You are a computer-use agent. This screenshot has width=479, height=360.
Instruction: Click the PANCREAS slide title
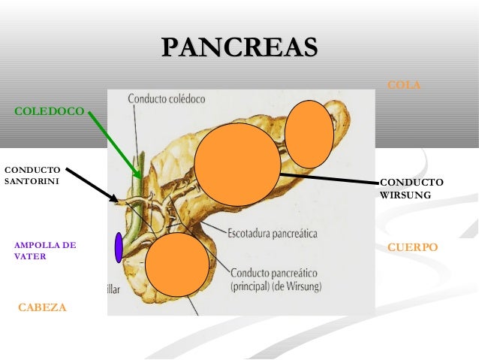239,48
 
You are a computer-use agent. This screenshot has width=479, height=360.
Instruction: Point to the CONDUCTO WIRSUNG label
411,188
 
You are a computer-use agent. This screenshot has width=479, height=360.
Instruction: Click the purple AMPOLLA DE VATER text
45,250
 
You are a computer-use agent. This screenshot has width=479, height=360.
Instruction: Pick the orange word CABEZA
42,307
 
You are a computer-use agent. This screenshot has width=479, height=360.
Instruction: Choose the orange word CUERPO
412,247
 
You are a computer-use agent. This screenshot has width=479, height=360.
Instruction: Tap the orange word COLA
403,86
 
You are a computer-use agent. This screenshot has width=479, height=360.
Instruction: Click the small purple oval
119,247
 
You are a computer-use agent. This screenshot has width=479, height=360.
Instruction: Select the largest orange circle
237,165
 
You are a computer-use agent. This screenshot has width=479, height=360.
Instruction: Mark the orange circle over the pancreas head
176,264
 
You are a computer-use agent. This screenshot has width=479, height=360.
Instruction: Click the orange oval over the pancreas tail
309,134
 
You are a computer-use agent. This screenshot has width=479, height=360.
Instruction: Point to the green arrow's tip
140,177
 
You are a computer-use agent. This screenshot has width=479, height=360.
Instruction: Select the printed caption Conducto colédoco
166,98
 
